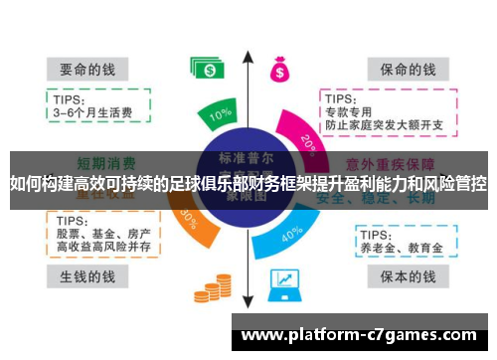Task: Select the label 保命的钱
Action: point(402,70)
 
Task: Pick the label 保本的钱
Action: point(402,274)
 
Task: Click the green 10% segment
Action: point(221,116)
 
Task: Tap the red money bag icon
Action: point(279,69)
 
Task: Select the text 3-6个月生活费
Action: point(89,112)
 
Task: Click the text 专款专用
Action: point(347,112)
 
